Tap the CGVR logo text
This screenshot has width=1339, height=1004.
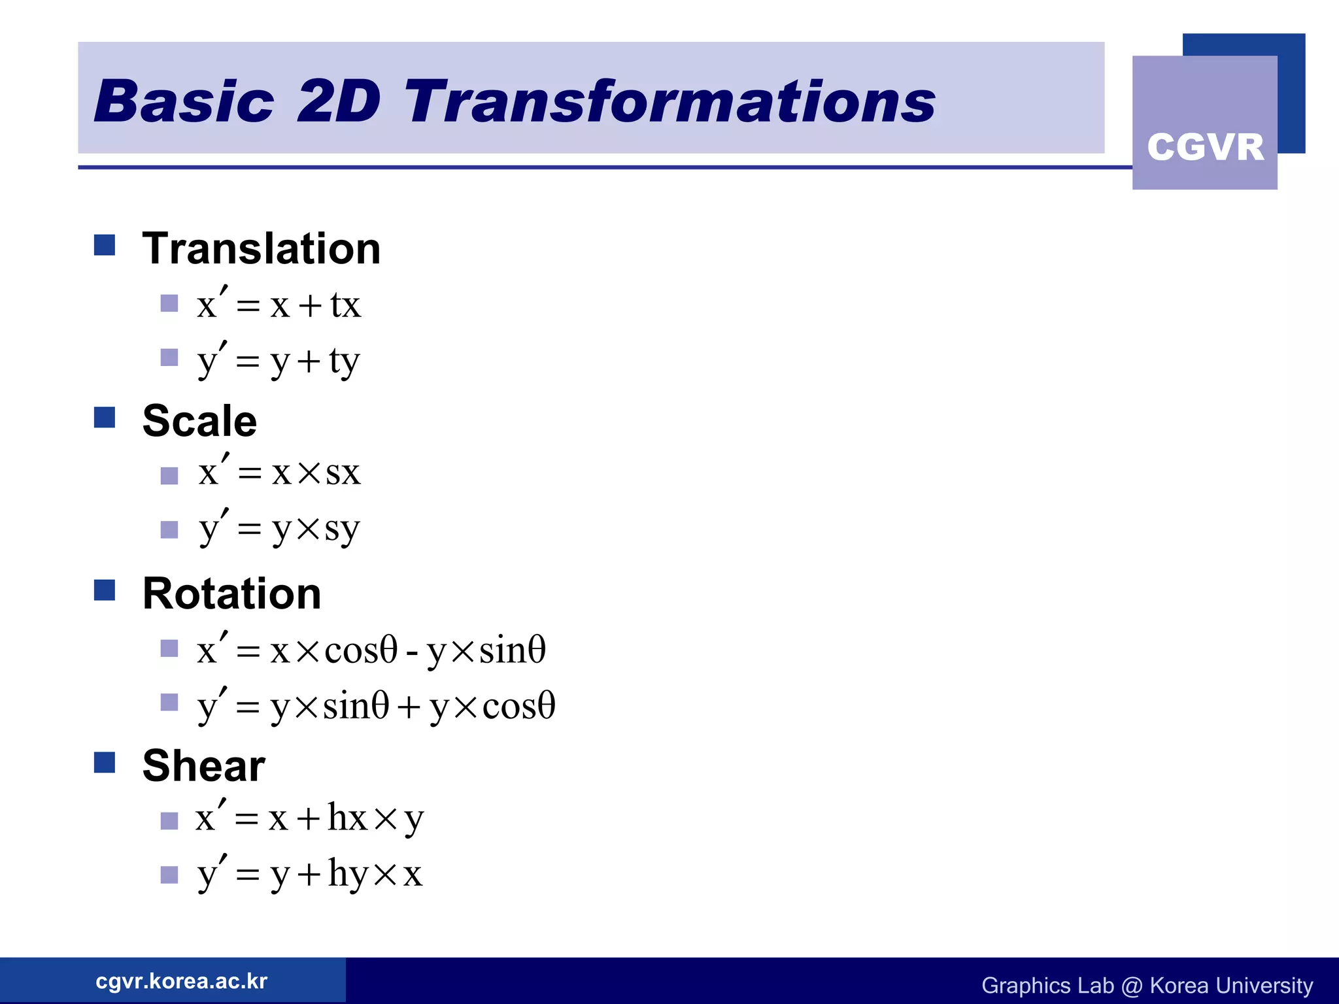point(1205,146)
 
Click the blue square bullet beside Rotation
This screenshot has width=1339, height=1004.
point(105,590)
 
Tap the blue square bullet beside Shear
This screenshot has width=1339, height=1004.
point(105,762)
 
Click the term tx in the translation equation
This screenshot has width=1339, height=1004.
point(345,305)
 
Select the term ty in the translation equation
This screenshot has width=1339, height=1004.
point(345,361)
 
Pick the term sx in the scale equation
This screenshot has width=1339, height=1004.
point(343,473)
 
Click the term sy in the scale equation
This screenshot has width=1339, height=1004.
point(342,529)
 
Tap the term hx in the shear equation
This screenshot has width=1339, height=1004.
point(348,817)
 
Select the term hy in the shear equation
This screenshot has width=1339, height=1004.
point(348,874)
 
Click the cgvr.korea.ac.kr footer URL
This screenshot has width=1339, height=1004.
point(181,981)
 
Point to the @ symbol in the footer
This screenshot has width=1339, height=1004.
point(1132,986)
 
